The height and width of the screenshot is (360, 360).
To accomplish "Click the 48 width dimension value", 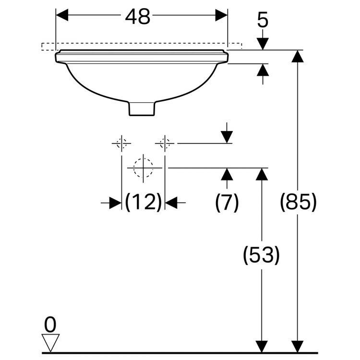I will pos(138,17).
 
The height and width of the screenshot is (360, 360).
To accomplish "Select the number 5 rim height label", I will pos(263,21).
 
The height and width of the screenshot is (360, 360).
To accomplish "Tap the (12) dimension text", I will pos(143,204).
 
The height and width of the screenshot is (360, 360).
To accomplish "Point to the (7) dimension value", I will pos(227,204).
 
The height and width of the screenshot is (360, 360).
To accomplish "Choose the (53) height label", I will pos(261,255).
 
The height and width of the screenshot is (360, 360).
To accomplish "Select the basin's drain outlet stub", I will pos(143,109).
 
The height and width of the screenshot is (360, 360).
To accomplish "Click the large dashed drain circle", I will pos(143,168).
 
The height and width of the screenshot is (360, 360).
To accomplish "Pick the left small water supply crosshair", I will pos(121,143).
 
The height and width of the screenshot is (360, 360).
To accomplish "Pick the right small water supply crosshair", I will pos(165,143).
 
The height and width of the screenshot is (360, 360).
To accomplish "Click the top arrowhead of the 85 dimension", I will pos(299,56).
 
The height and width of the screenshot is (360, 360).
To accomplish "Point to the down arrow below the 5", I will pos(263,43).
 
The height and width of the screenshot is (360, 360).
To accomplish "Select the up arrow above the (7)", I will pos(227,174).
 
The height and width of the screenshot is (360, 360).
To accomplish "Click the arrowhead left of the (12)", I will pos(115,204).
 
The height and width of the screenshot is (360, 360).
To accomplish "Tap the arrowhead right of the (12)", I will pos(171,204).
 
